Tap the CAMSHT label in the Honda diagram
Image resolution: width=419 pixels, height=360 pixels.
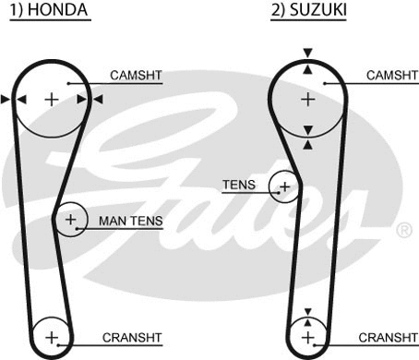136,75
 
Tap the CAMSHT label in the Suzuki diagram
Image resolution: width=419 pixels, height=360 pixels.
391,75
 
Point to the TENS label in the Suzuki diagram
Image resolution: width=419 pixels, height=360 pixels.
238,185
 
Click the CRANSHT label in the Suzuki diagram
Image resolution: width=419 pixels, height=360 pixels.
389,337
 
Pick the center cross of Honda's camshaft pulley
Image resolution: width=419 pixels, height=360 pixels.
52,99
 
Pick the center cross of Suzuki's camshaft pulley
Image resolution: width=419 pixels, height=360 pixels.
307,99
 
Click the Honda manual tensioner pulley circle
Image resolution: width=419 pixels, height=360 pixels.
70,220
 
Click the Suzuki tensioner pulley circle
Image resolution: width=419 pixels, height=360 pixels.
284,187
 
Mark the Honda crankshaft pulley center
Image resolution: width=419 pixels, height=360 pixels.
52,336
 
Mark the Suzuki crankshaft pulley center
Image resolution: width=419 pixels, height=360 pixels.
307,336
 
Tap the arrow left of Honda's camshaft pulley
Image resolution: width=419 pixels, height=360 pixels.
7,99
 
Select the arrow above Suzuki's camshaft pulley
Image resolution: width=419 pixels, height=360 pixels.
307,54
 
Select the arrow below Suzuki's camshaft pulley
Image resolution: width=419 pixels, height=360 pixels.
307,144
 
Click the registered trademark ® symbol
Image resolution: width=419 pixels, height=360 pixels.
403,228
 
